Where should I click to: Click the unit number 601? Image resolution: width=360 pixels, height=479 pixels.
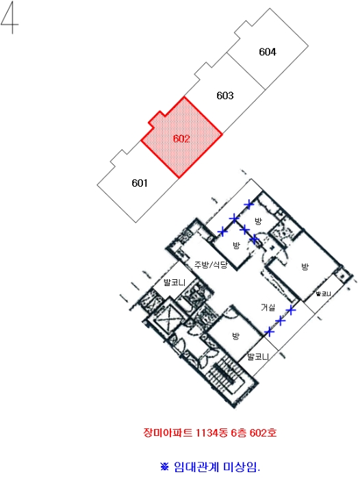point(140,183)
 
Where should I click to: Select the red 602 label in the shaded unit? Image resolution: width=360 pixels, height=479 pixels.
point(181,139)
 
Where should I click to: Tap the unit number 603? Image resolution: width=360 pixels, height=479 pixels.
point(225,96)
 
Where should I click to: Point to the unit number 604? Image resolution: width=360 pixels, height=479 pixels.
point(268,52)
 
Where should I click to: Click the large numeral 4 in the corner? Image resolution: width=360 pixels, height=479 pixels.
point(10,17)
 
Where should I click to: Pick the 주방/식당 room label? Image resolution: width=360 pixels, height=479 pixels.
point(211,265)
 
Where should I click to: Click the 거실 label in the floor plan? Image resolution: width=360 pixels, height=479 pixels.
point(268,307)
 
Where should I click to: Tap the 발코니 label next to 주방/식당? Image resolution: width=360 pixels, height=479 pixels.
point(175,282)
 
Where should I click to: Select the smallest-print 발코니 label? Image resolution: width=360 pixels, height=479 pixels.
point(323,294)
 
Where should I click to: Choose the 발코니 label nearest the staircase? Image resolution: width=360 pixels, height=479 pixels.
point(258,357)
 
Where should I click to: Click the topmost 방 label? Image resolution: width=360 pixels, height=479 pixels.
point(258,220)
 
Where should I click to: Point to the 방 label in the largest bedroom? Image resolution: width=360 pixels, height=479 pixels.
point(305,267)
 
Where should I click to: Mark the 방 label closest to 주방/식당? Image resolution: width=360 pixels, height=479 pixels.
point(236,245)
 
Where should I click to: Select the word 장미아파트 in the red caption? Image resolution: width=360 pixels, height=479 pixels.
point(168,433)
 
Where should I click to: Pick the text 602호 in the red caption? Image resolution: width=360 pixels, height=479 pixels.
point(263,433)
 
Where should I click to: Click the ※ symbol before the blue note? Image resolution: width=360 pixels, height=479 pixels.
point(164,467)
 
